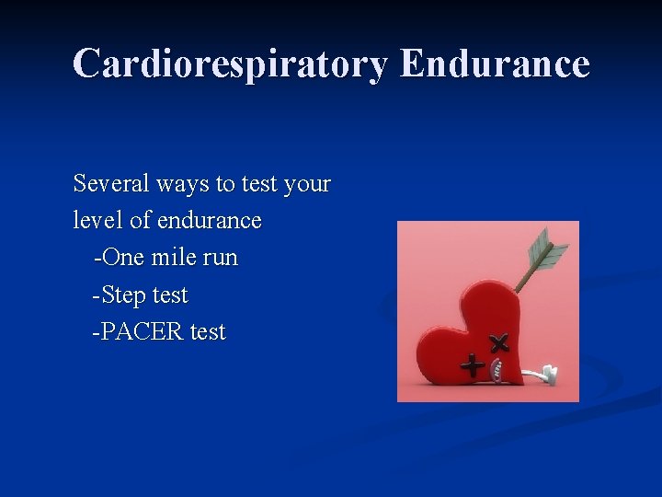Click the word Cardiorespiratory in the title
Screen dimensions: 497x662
[x=230, y=64]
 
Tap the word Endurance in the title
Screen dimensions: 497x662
[x=496, y=64]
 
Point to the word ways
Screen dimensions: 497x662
[x=184, y=185]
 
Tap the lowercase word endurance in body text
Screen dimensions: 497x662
[x=209, y=221]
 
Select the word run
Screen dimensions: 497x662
[x=220, y=259]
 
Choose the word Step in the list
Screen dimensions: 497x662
[x=124, y=295]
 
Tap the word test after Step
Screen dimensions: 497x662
[x=170, y=295]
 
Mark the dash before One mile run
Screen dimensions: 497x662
[x=96, y=259]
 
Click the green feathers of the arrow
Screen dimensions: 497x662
[x=548, y=250]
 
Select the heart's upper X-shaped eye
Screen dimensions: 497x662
[x=499, y=344]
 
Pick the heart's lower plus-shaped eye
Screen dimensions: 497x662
[x=473, y=366]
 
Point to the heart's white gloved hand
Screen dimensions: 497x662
[x=545, y=375]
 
